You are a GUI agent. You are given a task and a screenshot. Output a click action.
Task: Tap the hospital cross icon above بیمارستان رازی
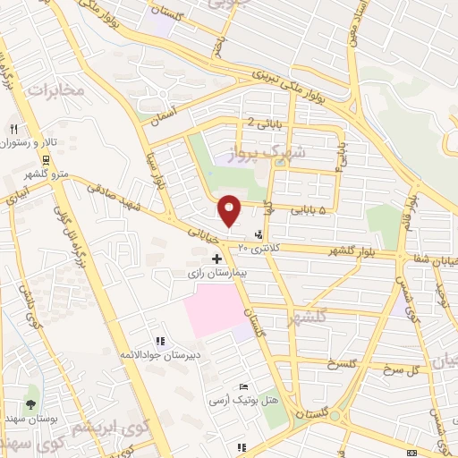pos(216,258)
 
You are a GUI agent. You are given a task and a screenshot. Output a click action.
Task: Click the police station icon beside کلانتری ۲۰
pos(259,236)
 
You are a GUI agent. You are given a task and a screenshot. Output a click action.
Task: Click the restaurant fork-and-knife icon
pos(13,129)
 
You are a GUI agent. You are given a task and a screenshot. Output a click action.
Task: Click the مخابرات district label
pos(55,89)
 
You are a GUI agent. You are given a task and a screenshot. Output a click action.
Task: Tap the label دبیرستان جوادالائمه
pos(160,355)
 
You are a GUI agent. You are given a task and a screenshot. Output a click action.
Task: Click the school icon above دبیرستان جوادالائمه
pos(160,341)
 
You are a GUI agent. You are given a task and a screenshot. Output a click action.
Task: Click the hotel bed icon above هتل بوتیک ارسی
pos(242,386)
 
